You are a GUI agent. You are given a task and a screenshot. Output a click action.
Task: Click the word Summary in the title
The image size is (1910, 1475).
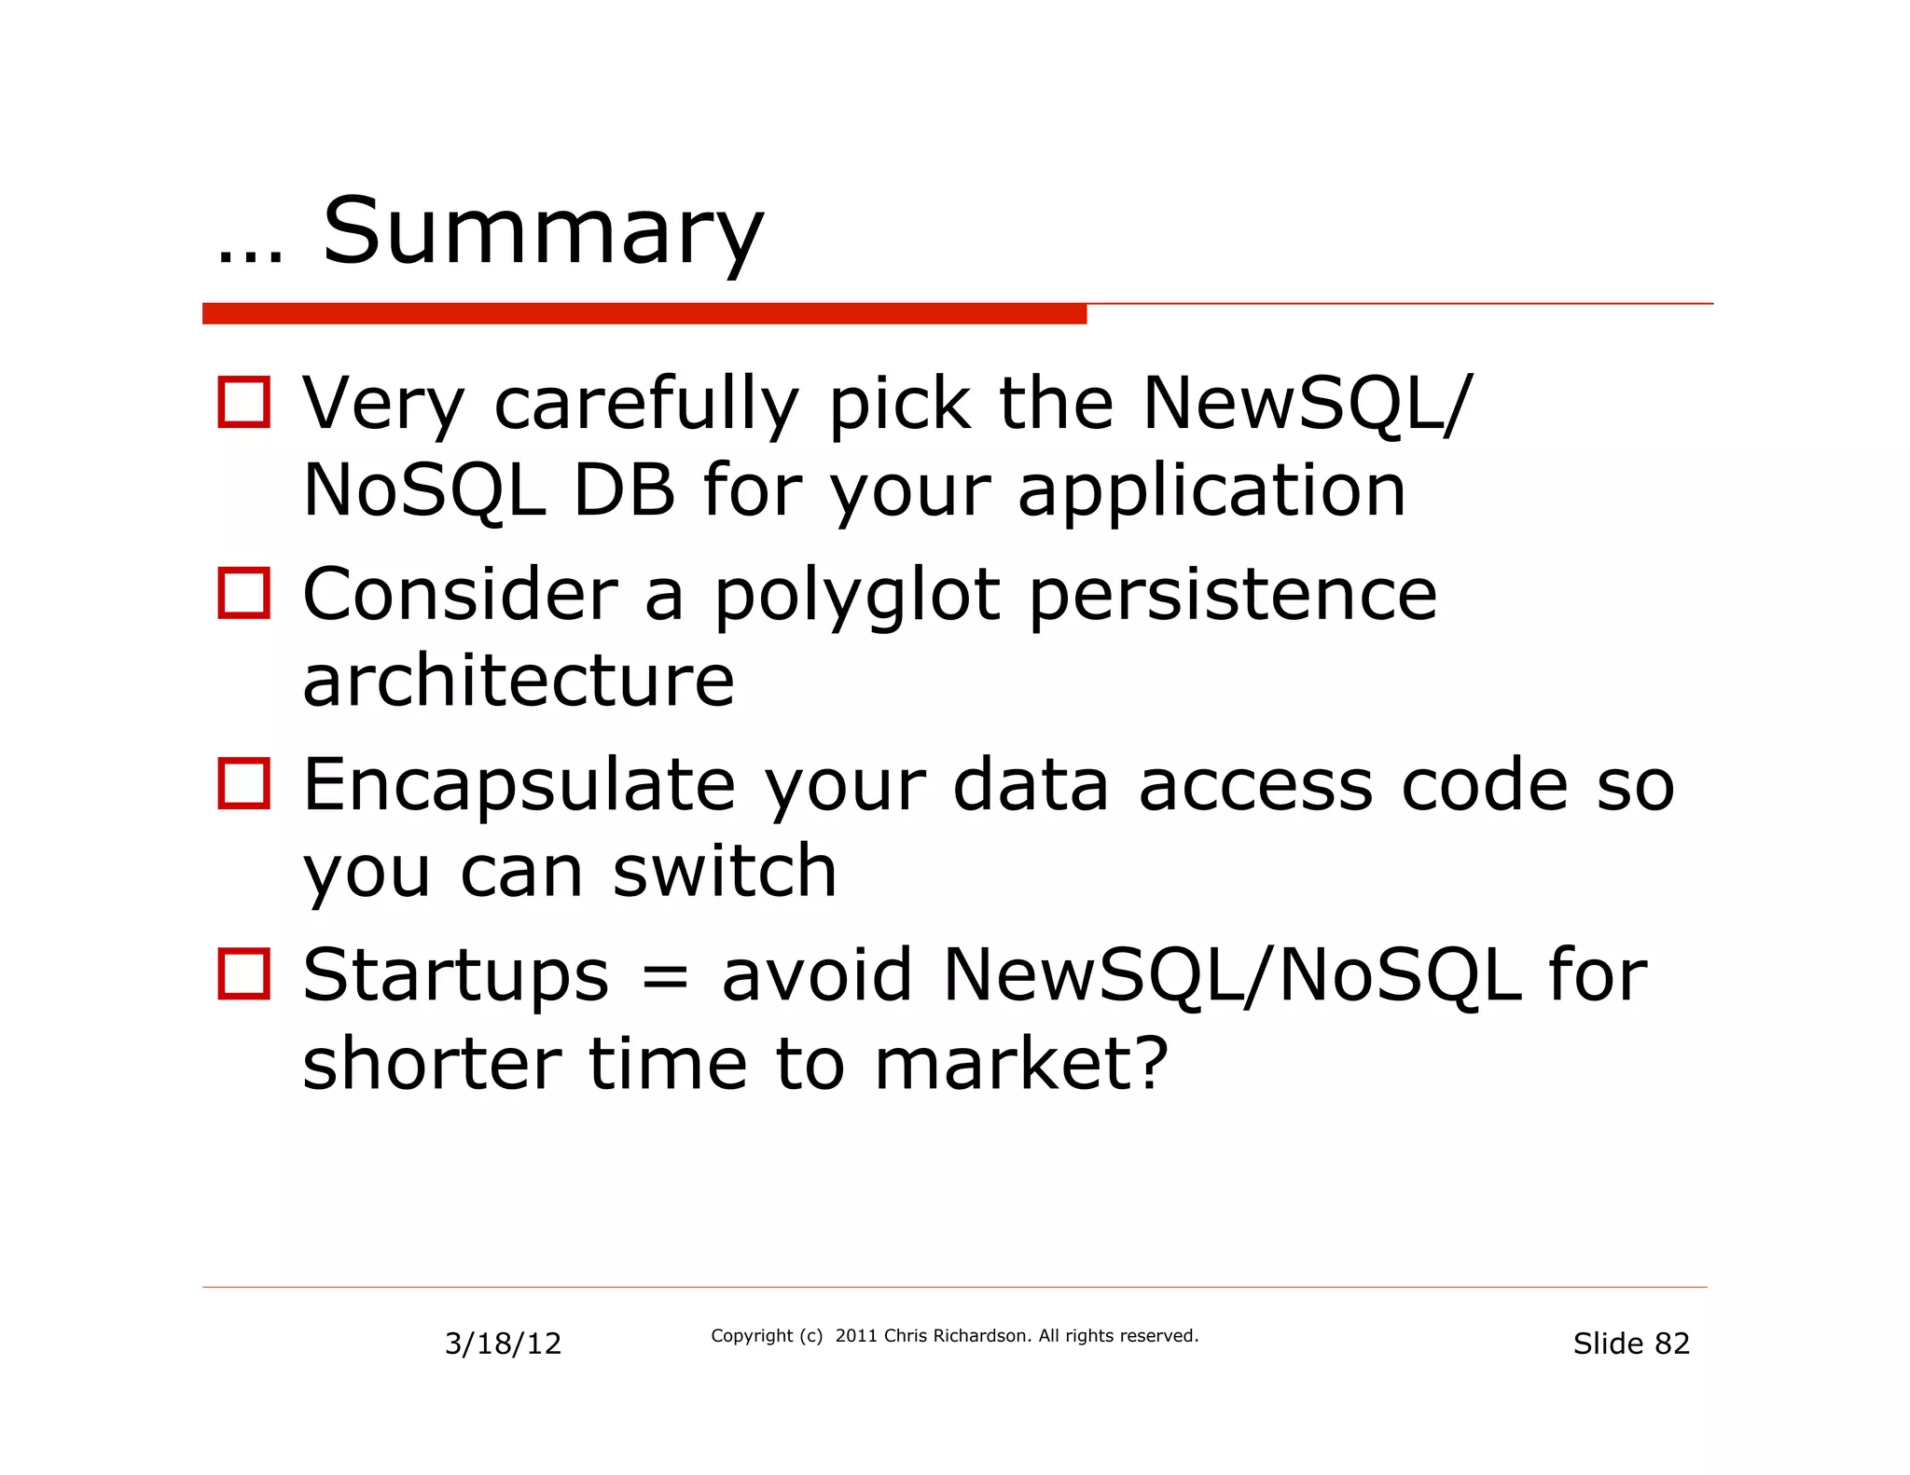(543, 232)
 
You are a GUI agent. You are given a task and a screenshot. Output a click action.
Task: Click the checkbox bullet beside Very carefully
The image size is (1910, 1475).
(244, 403)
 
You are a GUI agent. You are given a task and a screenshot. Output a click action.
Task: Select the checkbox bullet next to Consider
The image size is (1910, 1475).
(244, 593)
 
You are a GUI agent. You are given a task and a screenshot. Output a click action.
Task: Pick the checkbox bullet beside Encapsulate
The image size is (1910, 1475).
(244, 783)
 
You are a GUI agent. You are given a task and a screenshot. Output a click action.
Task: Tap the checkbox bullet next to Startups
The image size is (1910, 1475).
(244, 973)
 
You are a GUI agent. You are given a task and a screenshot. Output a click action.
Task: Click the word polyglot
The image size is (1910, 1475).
(857, 598)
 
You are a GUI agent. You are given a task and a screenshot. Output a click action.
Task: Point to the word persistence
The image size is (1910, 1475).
(1233, 598)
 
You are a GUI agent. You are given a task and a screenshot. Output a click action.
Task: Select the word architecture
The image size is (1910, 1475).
(519, 681)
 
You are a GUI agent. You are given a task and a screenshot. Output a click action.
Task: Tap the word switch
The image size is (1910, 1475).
(725, 872)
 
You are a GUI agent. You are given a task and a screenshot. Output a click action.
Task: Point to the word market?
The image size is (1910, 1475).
(1021, 1064)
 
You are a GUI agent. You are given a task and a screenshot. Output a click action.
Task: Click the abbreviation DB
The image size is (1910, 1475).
(624, 491)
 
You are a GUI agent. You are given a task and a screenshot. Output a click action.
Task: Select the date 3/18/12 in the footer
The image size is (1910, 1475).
(503, 1344)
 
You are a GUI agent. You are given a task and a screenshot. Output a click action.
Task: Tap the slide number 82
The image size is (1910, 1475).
(1672, 1344)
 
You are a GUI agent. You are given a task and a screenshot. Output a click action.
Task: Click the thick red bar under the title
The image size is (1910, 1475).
(644, 314)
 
